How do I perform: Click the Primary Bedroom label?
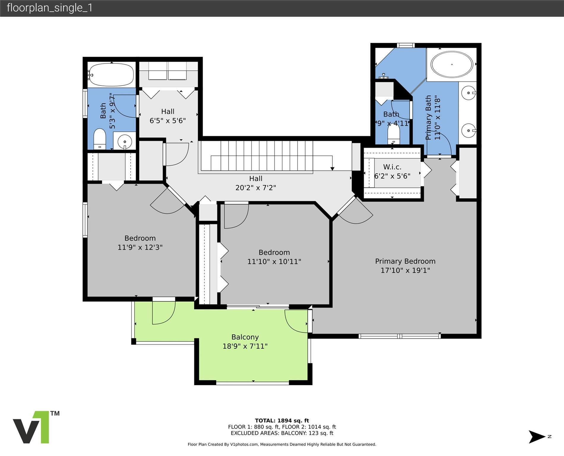[x=405, y=261]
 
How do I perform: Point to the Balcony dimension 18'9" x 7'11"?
[x=245, y=346]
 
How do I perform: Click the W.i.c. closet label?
[x=392, y=167]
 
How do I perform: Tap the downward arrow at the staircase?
[x=332, y=168]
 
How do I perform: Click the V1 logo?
[x=31, y=427]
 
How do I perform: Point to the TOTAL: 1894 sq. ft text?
[x=282, y=420]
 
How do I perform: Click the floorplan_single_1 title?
[x=50, y=8]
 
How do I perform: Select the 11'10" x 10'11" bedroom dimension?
[x=274, y=262]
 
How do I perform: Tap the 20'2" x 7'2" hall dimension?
[x=256, y=188]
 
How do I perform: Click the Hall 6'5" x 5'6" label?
[x=168, y=116]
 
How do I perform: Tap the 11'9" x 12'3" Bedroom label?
[x=140, y=243]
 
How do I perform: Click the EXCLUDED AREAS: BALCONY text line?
[x=282, y=433]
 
